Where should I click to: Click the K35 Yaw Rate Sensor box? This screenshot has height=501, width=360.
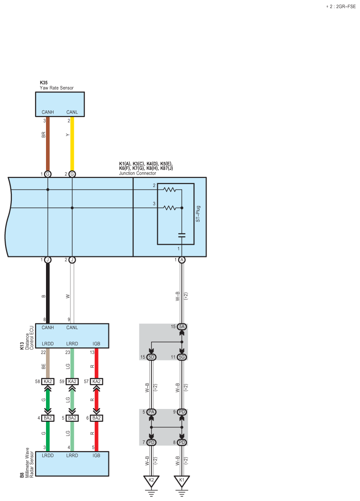click(x=60, y=104)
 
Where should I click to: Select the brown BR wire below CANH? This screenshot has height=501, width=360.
click(x=47, y=146)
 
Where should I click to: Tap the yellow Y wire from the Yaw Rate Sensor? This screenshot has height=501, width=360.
click(x=72, y=146)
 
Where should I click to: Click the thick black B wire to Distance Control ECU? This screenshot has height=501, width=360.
click(x=47, y=291)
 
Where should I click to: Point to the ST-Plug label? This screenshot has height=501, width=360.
click(x=198, y=214)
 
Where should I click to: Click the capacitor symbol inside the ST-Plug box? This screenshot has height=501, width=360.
click(x=182, y=235)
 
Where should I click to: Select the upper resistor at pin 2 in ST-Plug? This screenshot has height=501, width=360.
click(x=169, y=190)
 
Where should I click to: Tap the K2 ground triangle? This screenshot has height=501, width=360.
click(x=151, y=481)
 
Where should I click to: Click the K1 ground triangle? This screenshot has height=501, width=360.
click(x=182, y=481)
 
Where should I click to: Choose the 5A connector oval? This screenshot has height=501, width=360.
click(x=182, y=326)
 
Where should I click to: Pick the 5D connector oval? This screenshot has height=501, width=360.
click(x=151, y=357)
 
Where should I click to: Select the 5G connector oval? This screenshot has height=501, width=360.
click(x=182, y=357)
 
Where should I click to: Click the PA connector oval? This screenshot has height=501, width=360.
click(x=151, y=412)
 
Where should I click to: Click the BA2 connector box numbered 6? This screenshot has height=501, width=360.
click(x=96, y=418)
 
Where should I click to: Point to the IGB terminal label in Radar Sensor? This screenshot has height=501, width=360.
click(x=96, y=455)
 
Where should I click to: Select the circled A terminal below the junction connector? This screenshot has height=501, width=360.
click(x=182, y=260)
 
